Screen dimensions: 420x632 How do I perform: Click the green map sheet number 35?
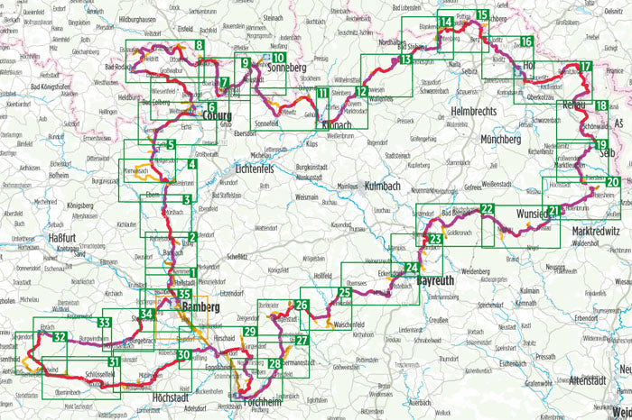184,295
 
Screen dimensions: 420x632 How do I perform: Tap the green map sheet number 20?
613,183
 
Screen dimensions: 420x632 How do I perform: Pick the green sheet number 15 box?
483,14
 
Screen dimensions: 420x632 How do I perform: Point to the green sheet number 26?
303,306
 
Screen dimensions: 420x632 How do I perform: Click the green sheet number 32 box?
60,337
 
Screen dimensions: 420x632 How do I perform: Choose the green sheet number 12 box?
360,92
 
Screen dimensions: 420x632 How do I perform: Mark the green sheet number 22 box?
487,209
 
